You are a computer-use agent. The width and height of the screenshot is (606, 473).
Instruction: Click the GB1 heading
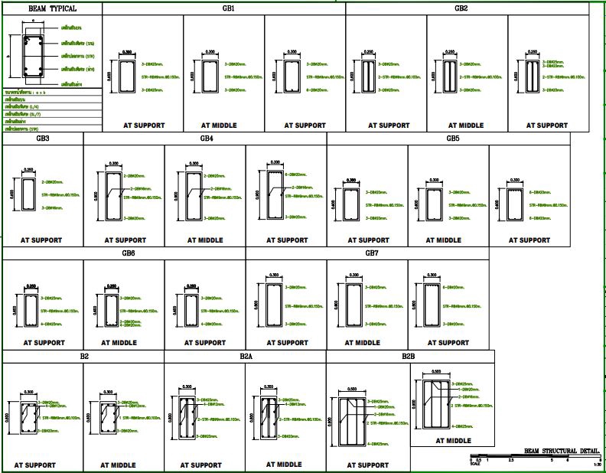(x=228, y=8)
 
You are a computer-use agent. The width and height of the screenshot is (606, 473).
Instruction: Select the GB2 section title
(x=461, y=8)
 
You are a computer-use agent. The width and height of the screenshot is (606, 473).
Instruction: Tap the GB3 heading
(x=42, y=139)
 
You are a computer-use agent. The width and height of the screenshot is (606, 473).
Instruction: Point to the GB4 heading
(x=207, y=139)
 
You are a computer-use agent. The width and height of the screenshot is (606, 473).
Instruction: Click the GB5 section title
(x=453, y=139)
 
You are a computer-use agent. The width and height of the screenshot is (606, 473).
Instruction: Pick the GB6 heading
(x=128, y=253)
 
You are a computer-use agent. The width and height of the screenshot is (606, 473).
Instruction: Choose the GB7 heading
(x=372, y=253)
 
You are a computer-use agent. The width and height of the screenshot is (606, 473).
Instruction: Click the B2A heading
(x=246, y=357)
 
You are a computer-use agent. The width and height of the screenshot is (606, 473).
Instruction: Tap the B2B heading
(x=409, y=357)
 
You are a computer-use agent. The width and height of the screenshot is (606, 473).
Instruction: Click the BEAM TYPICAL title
(x=52, y=8)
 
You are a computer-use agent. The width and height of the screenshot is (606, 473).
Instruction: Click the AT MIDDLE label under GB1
(x=223, y=125)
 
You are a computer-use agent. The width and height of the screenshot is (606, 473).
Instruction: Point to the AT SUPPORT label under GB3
(x=42, y=240)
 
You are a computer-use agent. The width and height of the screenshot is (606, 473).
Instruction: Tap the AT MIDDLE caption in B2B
(x=453, y=440)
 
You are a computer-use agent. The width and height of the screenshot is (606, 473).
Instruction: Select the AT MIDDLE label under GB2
(x=466, y=125)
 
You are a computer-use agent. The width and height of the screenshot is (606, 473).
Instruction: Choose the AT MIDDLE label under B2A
(x=284, y=464)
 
